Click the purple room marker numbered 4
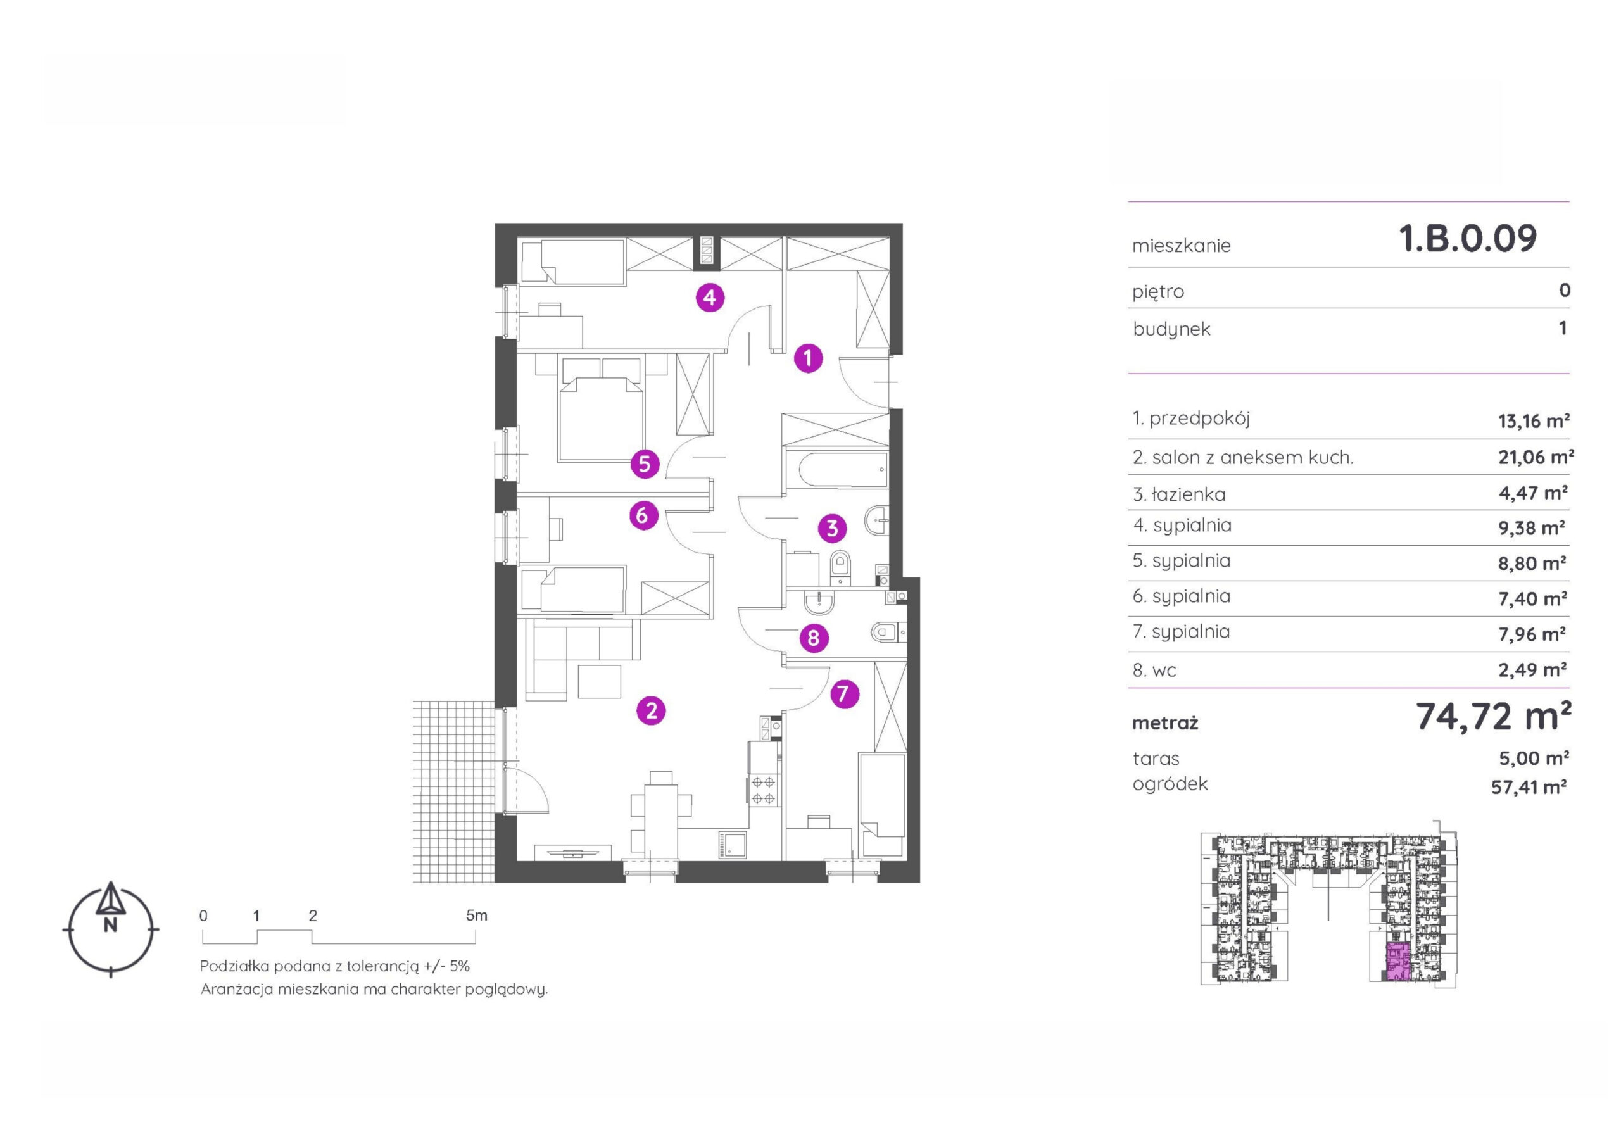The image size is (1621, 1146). [x=710, y=298]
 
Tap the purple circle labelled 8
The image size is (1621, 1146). [x=813, y=638]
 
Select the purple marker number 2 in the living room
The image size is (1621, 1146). [x=651, y=710]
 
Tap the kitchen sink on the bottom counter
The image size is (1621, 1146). [x=733, y=845]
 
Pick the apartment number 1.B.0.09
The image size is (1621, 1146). [x=1468, y=239]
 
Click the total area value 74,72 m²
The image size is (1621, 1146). [x=1493, y=717]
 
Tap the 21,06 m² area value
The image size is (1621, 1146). [x=1536, y=458]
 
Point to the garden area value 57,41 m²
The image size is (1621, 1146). [x=1529, y=786]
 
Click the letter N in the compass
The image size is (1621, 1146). [x=110, y=926]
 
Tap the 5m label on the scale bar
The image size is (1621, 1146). [x=477, y=916]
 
